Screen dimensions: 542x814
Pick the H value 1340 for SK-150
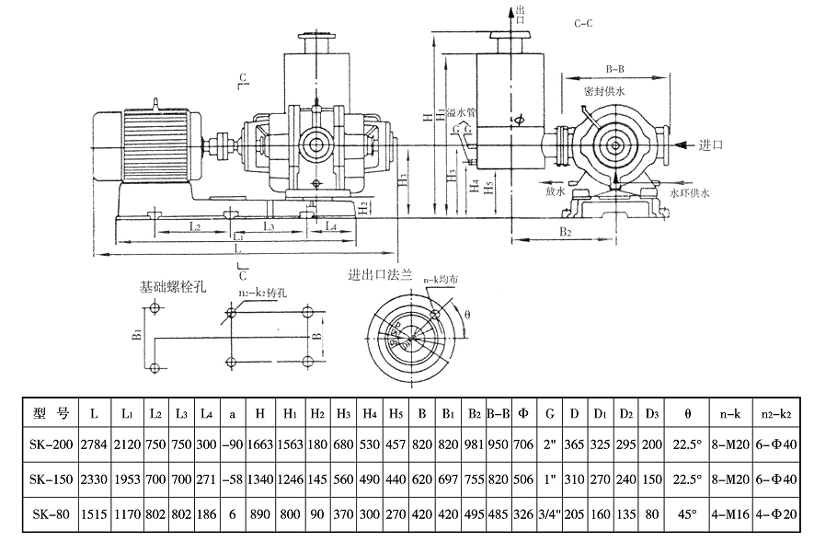click(x=264, y=479)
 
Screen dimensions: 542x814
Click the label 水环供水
click(x=691, y=193)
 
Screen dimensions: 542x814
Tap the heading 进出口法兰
click(x=378, y=275)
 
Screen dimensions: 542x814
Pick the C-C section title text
click(x=581, y=22)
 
